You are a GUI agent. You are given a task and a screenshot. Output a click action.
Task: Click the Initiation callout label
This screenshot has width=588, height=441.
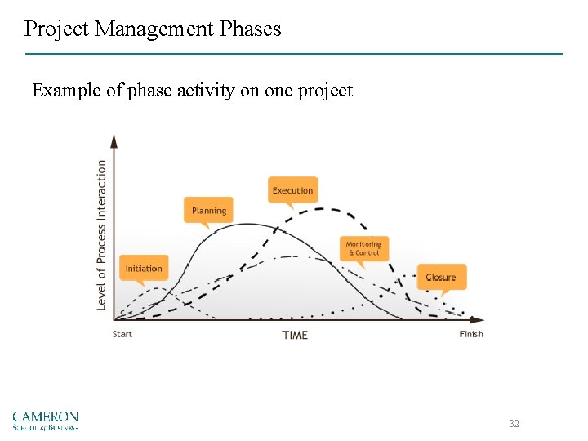(144, 269)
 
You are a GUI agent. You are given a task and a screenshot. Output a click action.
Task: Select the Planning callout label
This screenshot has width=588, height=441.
(208, 211)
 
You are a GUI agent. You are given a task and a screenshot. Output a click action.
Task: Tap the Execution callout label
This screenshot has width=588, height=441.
(292, 190)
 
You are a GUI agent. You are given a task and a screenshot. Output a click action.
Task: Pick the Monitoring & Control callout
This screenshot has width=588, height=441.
(363, 248)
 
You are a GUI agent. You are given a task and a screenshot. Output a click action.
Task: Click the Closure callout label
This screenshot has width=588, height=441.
(441, 278)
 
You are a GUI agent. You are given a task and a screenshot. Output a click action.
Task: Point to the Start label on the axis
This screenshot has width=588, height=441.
(122, 334)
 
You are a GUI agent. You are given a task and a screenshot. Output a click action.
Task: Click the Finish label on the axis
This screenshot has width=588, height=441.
(471, 334)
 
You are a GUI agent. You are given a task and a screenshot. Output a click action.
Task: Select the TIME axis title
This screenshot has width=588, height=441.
(295, 335)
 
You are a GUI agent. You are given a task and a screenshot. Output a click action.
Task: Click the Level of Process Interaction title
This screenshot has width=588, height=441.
(102, 234)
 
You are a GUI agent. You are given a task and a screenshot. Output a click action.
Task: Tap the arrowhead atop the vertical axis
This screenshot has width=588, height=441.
(114, 140)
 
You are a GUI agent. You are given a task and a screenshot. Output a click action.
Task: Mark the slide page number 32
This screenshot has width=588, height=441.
(514, 423)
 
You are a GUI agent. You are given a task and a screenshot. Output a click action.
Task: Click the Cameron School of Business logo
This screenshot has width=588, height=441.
(45, 421)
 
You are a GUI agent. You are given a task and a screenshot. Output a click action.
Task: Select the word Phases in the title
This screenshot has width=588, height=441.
(250, 29)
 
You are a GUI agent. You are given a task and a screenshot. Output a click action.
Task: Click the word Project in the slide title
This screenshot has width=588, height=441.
(57, 29)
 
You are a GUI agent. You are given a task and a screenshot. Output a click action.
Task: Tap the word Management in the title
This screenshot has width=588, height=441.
(154, 29)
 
